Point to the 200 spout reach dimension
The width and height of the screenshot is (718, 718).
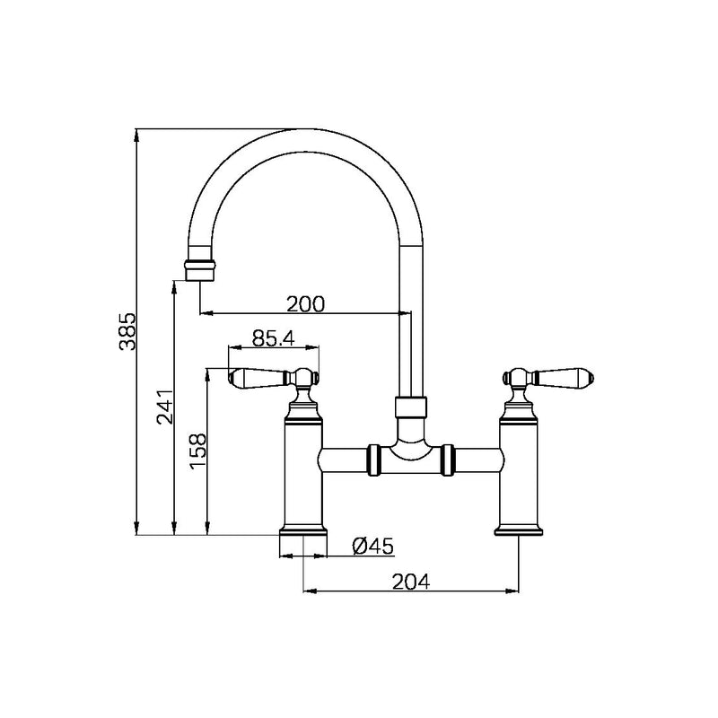(305, 303)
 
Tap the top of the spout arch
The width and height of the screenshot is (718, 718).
(305, 138)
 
